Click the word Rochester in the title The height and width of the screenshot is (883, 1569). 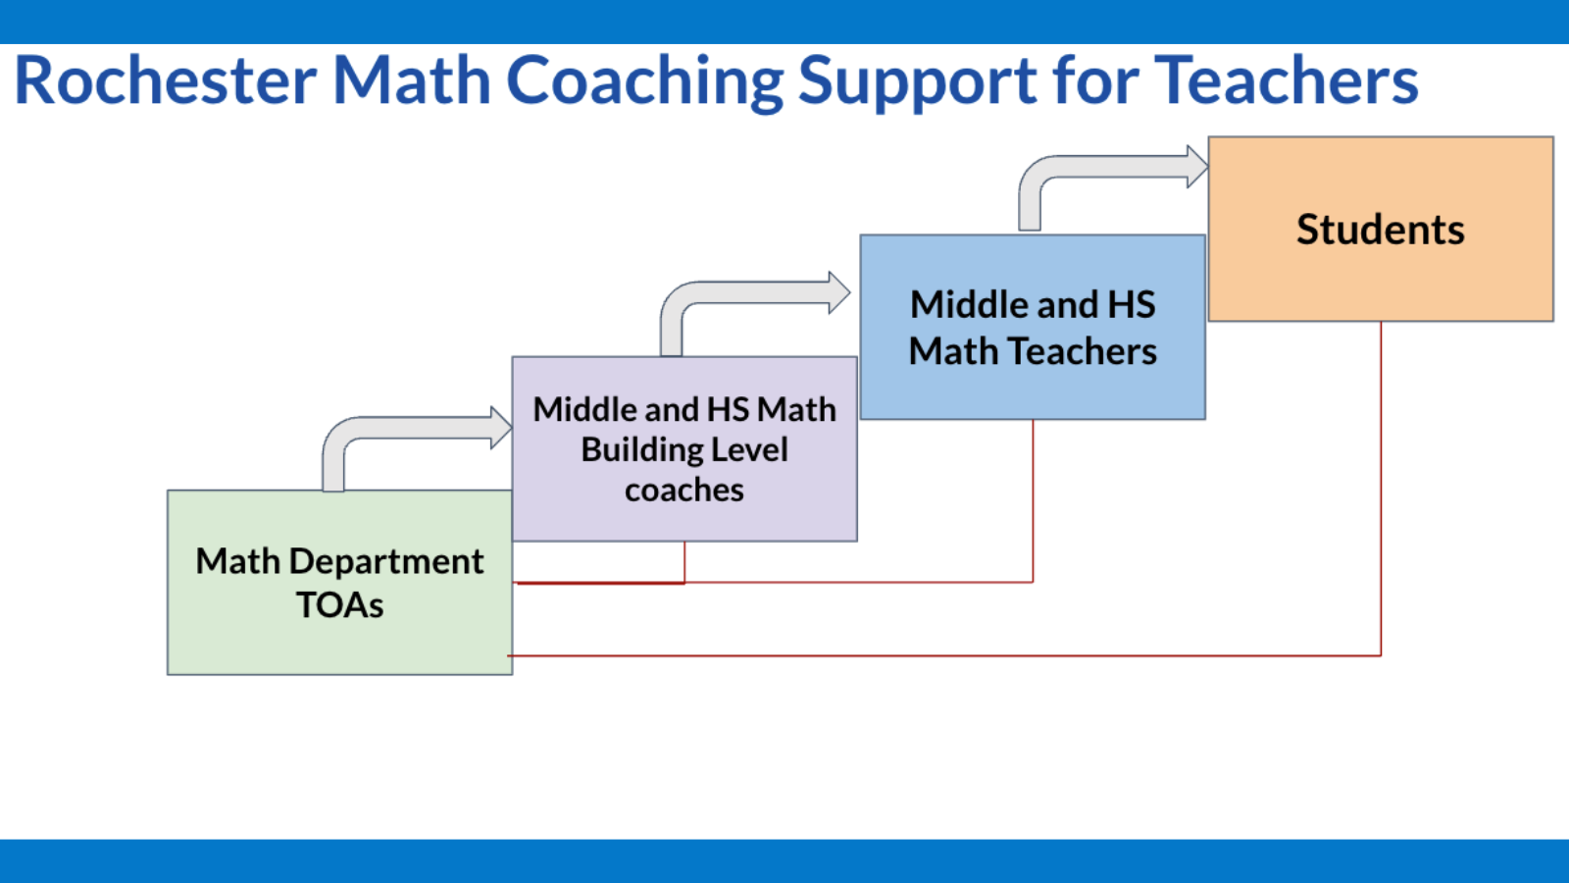coord(165,80)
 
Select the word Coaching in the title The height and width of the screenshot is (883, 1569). coord(643,82)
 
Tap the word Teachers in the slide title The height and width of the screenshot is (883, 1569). coord(1286,80)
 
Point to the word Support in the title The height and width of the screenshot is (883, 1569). coord(917,82)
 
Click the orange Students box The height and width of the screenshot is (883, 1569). coord(1381,275)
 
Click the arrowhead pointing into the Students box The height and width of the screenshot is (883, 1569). coord(1197,167)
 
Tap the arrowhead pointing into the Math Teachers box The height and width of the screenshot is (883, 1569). coord(838,292)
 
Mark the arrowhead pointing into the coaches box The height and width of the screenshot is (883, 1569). coord(501,428)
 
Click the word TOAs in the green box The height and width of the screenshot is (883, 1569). coord(339,605)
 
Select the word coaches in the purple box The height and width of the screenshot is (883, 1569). coord(684,490)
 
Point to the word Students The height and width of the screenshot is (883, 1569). coord(1381,230)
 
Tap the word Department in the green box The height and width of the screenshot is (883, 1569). coord(386,561)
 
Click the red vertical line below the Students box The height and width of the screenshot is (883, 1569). coord(1381,491)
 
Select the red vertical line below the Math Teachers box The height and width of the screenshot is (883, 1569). coord(1033,500)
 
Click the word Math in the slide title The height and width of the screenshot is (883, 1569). coord(412,80)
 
